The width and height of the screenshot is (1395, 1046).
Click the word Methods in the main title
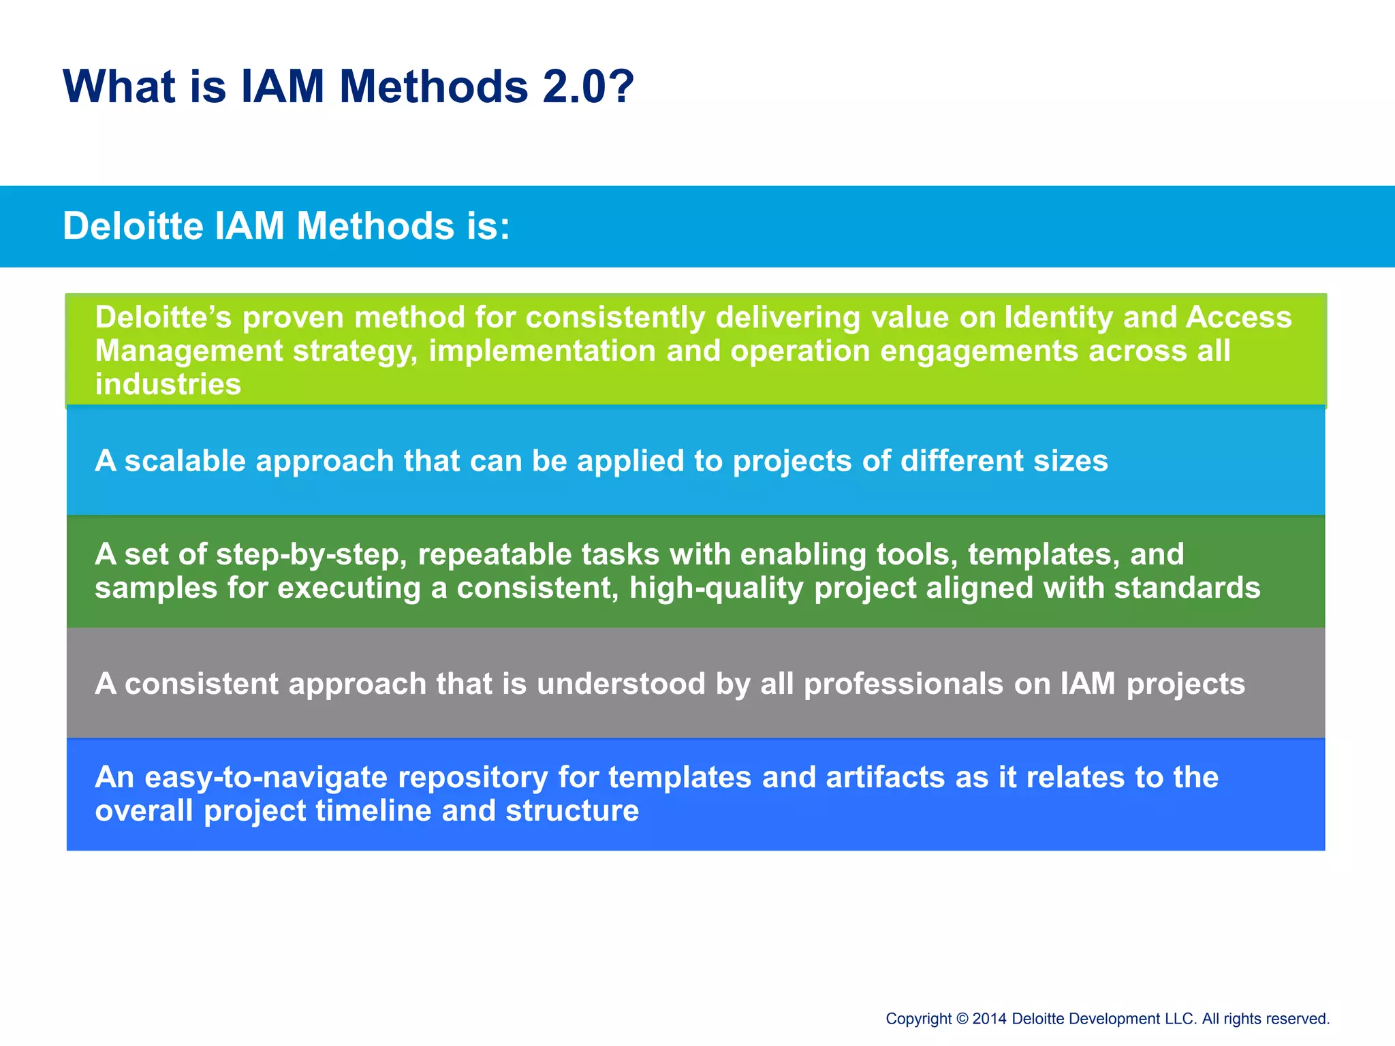point(433,86)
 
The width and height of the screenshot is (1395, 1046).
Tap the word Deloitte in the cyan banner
point(133,226)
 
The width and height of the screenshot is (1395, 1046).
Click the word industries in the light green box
point(168,384)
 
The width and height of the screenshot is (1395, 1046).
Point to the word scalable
point(185,461)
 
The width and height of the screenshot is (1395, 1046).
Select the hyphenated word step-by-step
point(311,555)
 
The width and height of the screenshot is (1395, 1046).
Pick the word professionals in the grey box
point(903,684)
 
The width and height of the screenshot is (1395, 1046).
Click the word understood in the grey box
point(621,684)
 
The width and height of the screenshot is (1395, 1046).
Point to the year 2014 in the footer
point(989,1019)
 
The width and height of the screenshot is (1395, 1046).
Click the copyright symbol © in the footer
point(962,1019)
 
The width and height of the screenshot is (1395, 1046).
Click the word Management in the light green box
point(188,351)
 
